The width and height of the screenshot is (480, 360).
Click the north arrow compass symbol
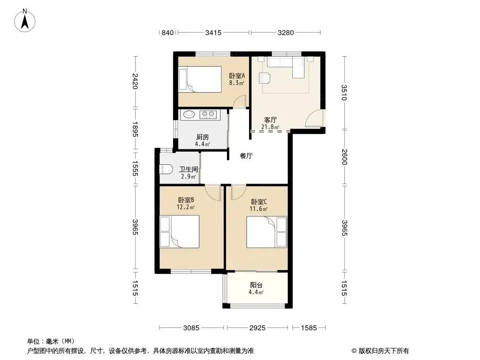point(25,21)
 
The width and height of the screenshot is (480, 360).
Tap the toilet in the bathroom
point(166,169)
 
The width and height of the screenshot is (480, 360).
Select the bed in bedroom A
point(200,79)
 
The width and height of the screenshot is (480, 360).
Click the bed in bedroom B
point(180,232)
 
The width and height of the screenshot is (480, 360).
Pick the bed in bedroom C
point(267,232)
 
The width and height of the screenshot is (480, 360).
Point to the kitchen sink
point(189,114)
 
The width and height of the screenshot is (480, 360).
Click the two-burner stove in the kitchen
point(208,115)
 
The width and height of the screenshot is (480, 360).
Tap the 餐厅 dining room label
point(246,156)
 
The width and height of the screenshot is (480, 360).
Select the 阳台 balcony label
point(256,285)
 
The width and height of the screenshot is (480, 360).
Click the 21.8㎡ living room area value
point(270,127)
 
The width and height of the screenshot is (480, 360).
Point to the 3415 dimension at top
point(213,32)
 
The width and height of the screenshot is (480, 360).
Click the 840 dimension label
point(168,32)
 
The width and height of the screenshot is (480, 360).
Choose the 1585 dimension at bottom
point(309,328)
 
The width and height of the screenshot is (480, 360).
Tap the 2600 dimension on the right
point(344,157)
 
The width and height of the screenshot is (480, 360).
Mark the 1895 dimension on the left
point(135,130)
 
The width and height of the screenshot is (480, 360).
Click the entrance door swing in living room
point(314,118)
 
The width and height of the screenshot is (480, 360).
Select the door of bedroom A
point(240,101)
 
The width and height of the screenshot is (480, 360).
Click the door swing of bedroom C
point(238,192)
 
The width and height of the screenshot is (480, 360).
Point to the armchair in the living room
point(264,78)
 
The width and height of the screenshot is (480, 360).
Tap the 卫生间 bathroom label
point(188,169)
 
